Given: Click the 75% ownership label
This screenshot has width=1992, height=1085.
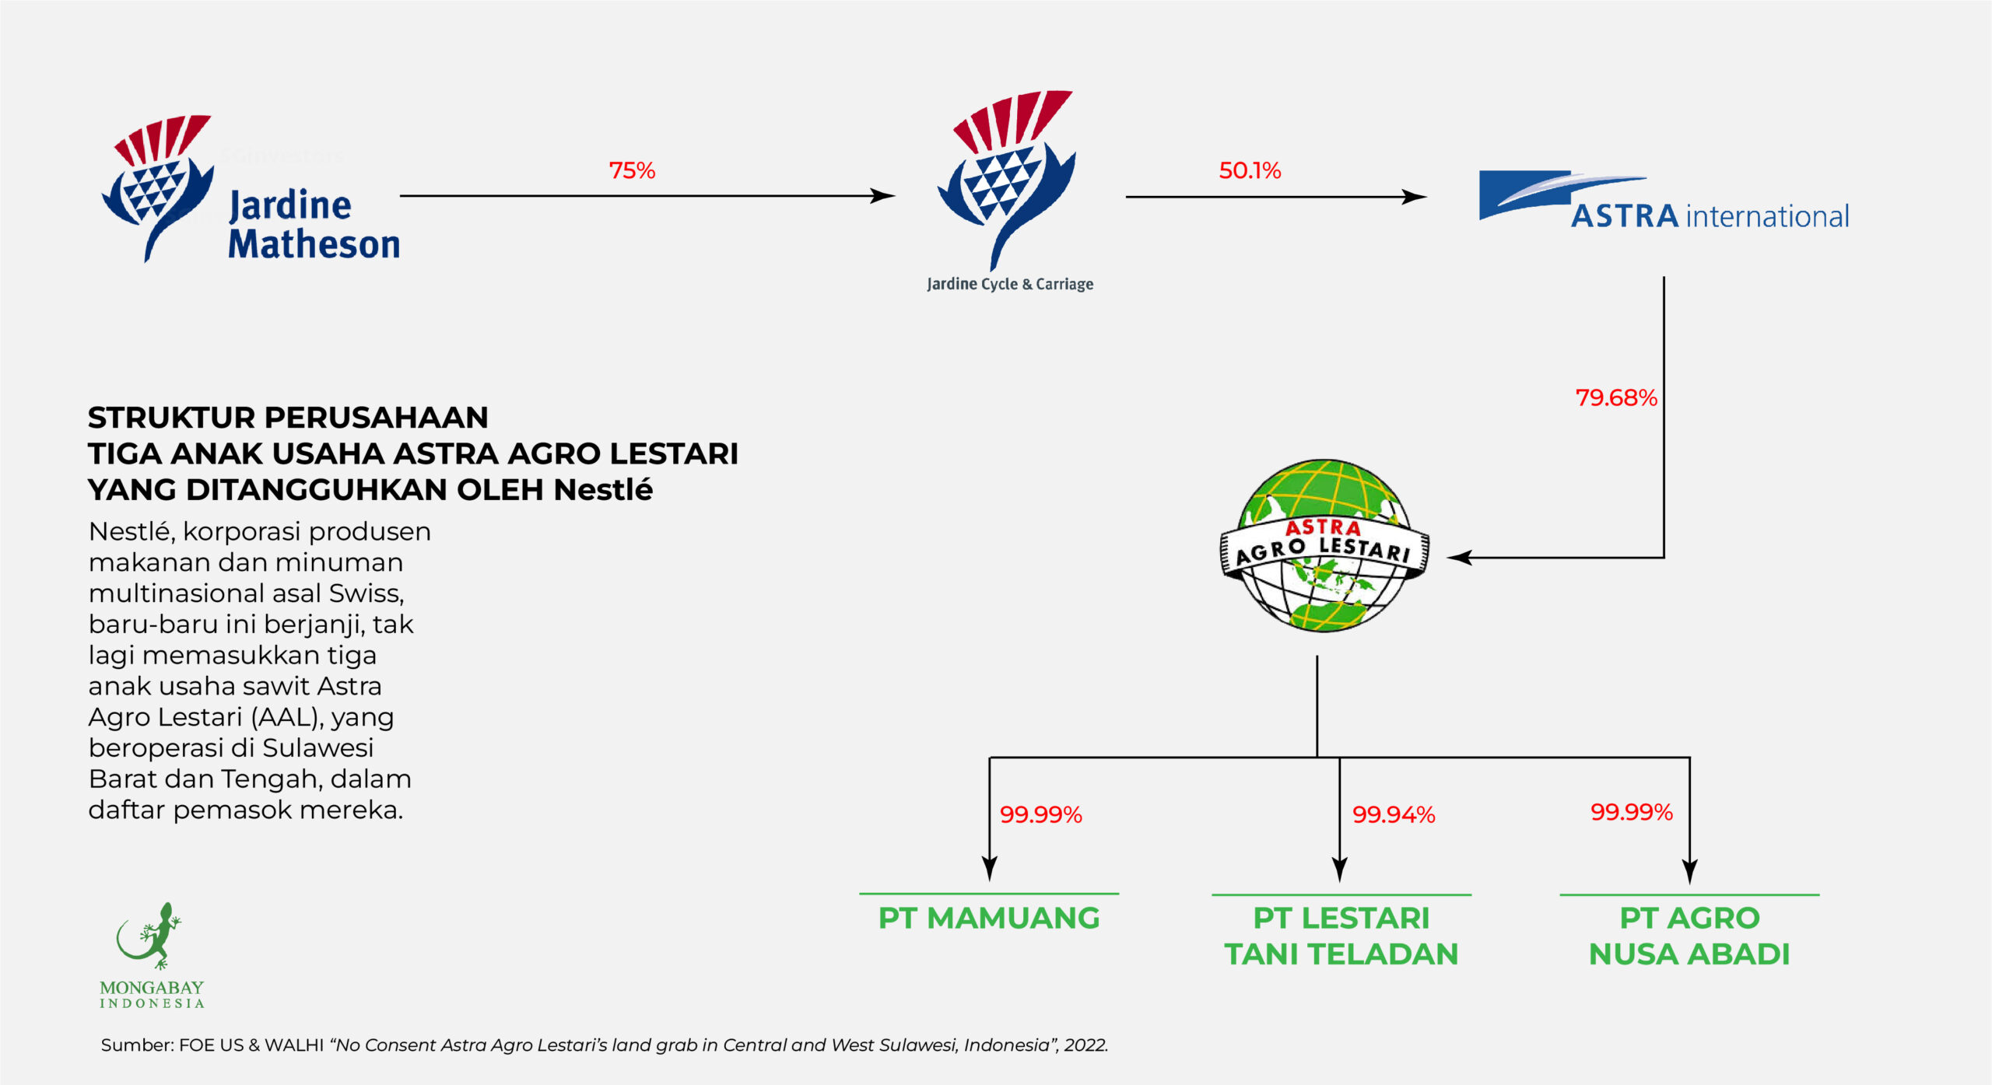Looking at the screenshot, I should point(632,170).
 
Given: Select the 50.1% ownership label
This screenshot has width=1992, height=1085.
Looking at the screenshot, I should point(1250,170).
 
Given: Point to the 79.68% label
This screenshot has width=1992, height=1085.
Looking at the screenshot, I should point(1616,397).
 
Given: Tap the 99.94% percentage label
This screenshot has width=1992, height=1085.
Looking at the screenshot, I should point(1394,814).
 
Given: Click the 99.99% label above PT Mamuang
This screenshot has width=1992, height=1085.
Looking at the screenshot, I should point(1041,814).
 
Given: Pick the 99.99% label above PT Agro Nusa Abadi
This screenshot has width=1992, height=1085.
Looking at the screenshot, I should point(1632,812).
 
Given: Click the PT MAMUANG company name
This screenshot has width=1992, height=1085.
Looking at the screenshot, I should point(989,919).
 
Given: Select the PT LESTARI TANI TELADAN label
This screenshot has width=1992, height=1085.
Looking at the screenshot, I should point(1341,936).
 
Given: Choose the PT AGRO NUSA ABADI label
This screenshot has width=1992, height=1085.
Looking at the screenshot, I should point(1689,936).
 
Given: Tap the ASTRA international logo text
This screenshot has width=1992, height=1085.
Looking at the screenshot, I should point(1710,216).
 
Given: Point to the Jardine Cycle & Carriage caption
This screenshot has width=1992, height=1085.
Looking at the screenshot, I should point(1010,284).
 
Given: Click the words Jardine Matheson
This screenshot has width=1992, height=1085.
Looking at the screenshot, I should point(314,224).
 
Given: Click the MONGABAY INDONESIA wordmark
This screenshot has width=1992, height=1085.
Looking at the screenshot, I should point(152,994).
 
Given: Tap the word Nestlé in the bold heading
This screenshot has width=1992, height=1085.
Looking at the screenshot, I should point(603,490).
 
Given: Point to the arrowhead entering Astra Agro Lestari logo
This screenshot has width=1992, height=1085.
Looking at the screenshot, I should point(1457,558).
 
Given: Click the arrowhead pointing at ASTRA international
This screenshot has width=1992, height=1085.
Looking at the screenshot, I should point(1416,197).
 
